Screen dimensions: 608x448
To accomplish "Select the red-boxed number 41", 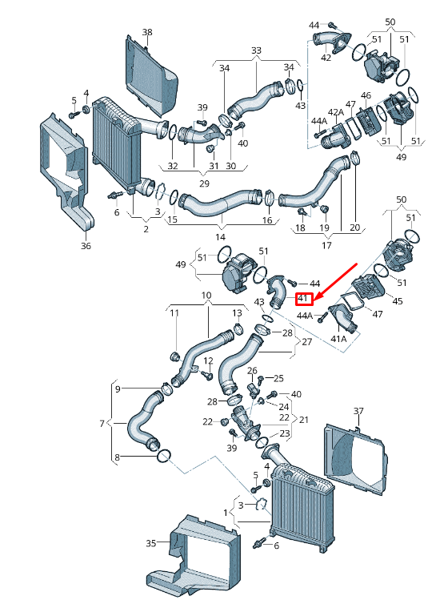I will [303, 299].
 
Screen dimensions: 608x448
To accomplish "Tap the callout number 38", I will [147, 32].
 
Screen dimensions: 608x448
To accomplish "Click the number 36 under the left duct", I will [86, 246].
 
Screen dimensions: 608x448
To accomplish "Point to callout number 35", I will [151, 543].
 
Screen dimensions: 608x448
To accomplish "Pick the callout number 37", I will [358, 411].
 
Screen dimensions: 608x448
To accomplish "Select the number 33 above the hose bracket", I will [256, 50].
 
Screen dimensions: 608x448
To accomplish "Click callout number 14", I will [221, 237].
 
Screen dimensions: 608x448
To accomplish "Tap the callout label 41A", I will [339, 339].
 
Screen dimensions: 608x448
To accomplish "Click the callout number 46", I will [366, 95].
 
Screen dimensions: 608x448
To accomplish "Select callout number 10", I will [206, 296].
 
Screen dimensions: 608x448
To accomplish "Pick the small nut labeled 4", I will [87, 108].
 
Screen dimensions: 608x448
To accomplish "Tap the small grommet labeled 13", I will [238, 329].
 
